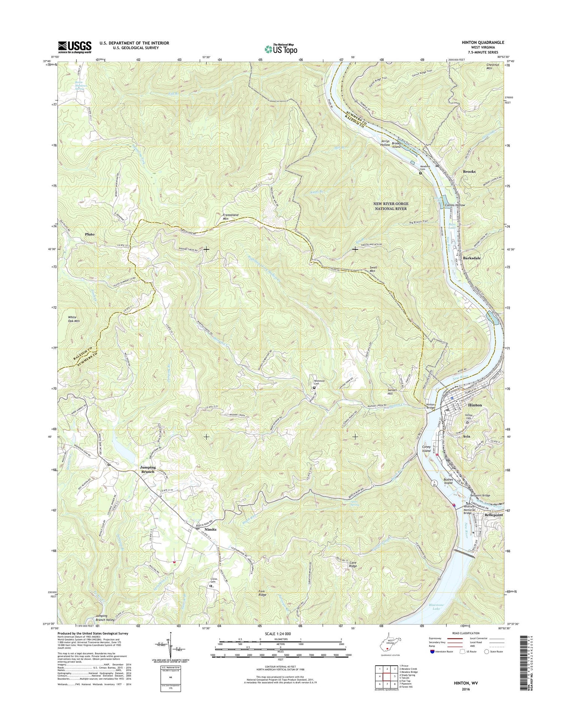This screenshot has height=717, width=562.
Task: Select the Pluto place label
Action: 90,234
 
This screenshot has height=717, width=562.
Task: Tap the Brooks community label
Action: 469,171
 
